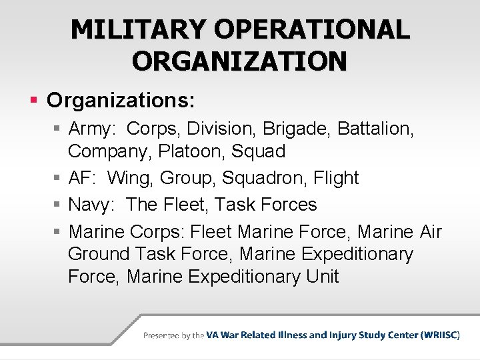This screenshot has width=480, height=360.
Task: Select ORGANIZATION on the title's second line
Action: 239,61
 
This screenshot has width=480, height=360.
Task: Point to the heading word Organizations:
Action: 121,101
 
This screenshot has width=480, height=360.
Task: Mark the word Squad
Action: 259,151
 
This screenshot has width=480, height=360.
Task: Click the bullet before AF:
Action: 57,179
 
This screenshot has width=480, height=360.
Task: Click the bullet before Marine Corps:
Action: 57,232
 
